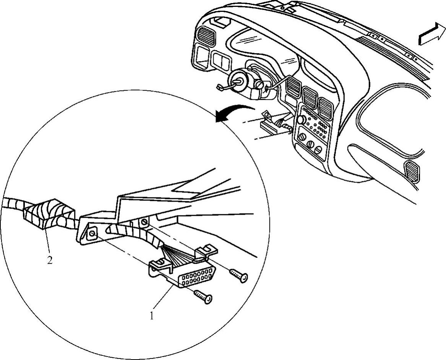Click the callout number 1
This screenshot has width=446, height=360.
click(152, 316)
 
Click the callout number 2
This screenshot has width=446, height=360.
click(50, 261)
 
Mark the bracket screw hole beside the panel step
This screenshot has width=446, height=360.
click(144, 222)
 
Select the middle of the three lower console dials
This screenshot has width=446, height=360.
click(310, 145)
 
